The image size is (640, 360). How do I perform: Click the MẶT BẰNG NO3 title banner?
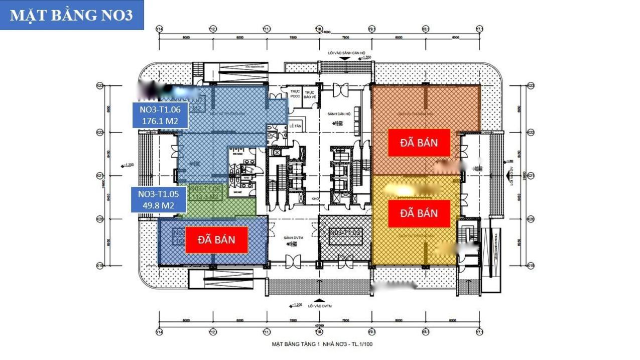coord(71,15)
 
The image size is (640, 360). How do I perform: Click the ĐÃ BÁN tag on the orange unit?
coord(419,143)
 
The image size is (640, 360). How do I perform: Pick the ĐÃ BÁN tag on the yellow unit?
coord(419,213)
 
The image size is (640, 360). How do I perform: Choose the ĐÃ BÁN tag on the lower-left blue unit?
coord(216,239)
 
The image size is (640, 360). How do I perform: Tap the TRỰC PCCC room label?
coord(295,94)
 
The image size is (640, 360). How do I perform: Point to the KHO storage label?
coord(315,199)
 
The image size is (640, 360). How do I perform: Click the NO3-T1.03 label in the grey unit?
coord(344,233)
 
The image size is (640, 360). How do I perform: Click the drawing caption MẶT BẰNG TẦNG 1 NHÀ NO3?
coord(322,344)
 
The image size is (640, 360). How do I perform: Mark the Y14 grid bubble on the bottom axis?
coord(159,332)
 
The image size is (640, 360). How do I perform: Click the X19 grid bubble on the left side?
coord(100,265)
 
